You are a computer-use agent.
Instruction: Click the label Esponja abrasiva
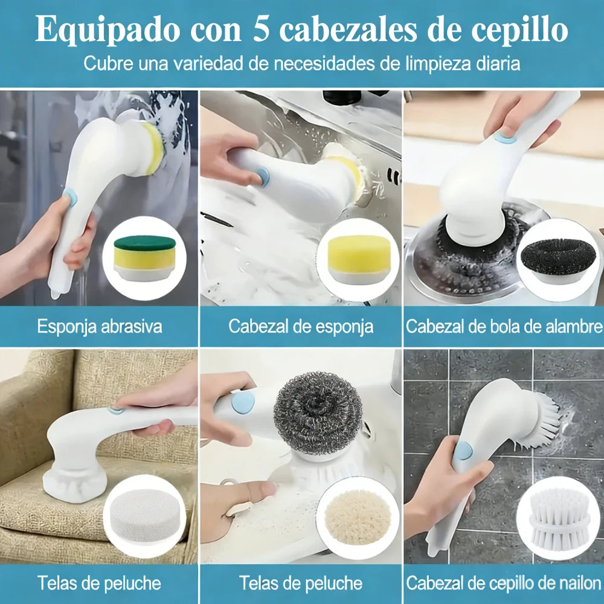100,327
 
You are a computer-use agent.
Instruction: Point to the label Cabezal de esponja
301,327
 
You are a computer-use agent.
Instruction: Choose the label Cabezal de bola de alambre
504,327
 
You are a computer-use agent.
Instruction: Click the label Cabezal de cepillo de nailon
504,583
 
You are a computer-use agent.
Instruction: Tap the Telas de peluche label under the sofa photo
99,583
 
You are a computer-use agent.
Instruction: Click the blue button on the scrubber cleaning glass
70,198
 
